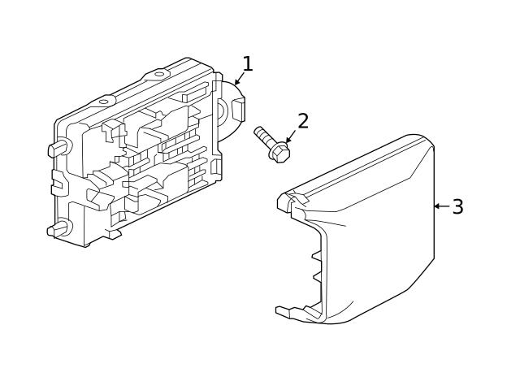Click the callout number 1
248,63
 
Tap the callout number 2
303,121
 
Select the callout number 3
458,206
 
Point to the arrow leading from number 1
240,78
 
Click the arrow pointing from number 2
291,136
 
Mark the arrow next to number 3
442,206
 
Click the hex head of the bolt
279,152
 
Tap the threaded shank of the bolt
263,136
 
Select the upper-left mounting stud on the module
59,148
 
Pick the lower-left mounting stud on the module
58,228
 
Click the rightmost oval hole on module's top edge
159,74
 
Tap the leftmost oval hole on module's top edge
104,102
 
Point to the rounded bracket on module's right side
231,106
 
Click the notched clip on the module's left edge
58,182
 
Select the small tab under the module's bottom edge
114,234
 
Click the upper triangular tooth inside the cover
317,256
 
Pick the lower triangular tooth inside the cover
318,277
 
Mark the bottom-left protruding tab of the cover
286,312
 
